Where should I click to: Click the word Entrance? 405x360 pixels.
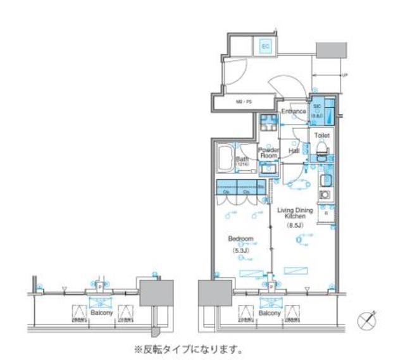coord(294,111)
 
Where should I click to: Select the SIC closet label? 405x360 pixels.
coord(316,109)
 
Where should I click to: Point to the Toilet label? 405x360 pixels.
coord(321,135)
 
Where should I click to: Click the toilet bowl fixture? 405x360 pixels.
coord(321,149)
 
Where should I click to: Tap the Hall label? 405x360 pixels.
coord(294,152)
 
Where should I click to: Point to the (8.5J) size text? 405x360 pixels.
coord(296,225)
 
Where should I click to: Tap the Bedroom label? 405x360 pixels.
coord(240,239)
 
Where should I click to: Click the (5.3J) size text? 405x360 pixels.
coord(240,249)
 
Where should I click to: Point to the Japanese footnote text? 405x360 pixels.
coord(187,349)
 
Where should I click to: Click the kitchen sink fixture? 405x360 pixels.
coord(327,180)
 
